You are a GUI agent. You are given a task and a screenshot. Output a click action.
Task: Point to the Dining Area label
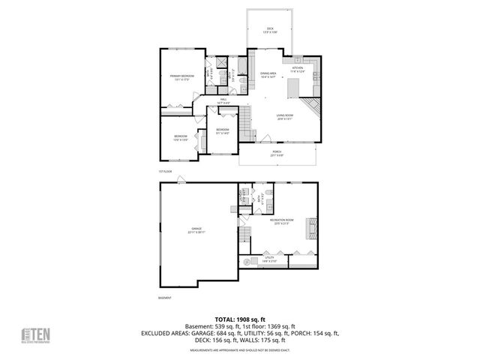click(268, 74)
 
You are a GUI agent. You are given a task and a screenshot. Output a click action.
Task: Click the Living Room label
click(284, 116)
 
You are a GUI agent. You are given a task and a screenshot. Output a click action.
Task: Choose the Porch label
click(277, 154)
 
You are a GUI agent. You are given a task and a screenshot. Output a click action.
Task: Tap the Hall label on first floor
click(223, 101)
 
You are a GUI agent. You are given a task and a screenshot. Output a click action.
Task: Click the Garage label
click(196, 230)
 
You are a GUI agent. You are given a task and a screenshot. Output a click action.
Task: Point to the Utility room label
click(270, 260)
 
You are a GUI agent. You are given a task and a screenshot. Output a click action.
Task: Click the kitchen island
click(293, 89)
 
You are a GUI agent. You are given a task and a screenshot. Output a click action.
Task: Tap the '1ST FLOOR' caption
click(166, 172)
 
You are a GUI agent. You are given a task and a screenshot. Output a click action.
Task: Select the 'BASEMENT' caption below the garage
click(166, 298)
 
